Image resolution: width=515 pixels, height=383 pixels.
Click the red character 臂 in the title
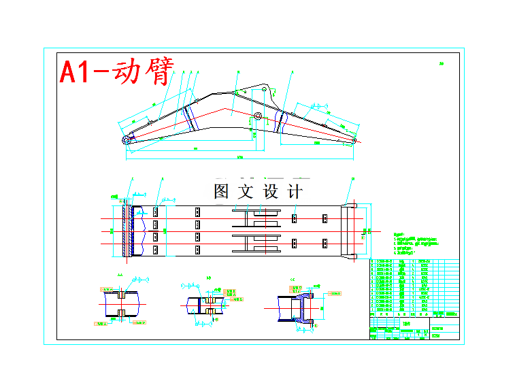(x=155, y=71)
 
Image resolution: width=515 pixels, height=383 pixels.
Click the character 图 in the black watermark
(x=221, y=191)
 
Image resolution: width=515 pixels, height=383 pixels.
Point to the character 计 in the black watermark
(x=295, y=191)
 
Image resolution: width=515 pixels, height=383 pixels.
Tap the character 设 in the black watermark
(x=270, y=191)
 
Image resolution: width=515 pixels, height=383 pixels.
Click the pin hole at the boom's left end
(x=127, y=139)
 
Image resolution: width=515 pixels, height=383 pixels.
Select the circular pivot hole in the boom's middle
(x=258, y=116)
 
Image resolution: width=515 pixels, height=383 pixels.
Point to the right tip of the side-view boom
(x=356, y=141)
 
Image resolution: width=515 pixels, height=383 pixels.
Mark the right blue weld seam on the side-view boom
(x=279, y=122)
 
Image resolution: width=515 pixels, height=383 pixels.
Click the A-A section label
(x=120, y=275)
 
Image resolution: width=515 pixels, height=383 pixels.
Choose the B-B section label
(x=207, y=278)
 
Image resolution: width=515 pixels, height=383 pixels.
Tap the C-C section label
(x=293, y=279)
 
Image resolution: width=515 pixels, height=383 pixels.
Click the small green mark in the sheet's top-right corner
(x=441, y=64)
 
